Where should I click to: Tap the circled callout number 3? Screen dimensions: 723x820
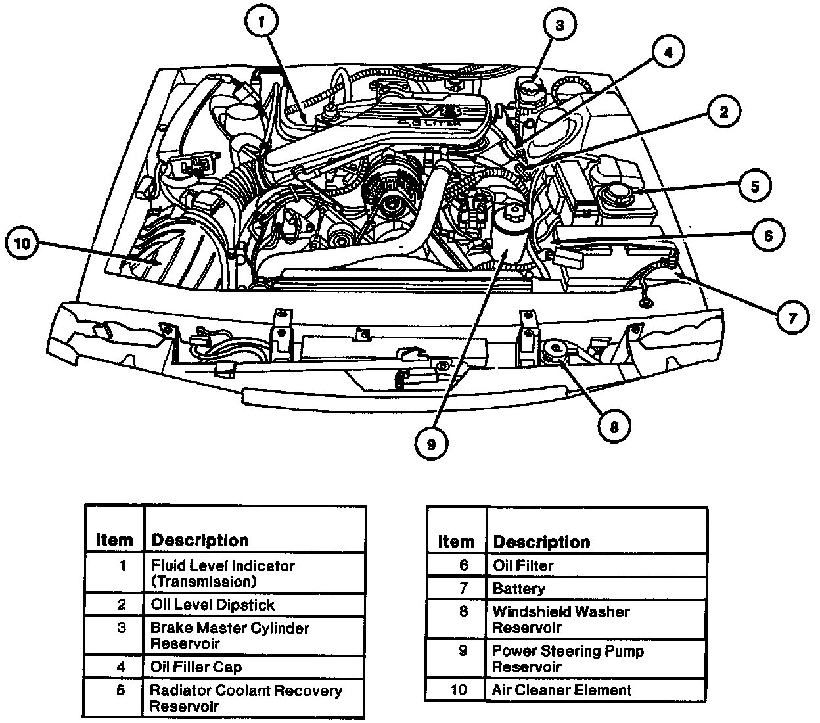(559, 26)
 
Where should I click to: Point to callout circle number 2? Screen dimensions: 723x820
(723, 112)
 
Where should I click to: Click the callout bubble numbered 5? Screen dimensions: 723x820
(754, 187)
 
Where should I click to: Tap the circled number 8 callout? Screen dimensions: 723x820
(613, 427)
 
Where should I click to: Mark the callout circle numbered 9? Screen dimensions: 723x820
(431, 444)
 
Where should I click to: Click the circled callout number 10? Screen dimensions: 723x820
(22, 244)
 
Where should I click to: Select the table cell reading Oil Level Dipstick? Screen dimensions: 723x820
(212, 605)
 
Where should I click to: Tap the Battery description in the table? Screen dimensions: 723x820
(518, 589)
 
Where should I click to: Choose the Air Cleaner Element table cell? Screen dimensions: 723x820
(561, 690)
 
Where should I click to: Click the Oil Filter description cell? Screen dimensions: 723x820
(523, 565)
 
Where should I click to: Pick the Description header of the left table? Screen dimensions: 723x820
(200, 540)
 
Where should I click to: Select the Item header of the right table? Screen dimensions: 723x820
(455, 542)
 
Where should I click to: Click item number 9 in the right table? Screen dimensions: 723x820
(463, 651)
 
